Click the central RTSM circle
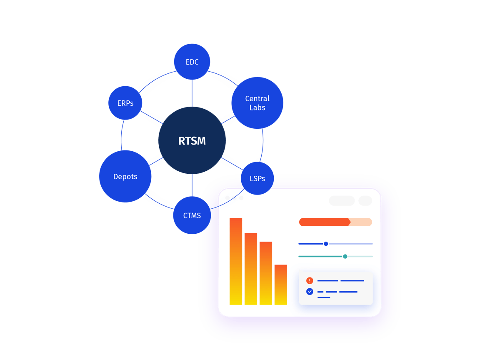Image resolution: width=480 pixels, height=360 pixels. tap(192, 140)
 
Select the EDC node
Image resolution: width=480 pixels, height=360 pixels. tap(192, 62)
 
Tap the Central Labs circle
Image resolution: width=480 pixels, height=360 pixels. tap(257, 103)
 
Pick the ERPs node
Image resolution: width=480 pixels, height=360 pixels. tap(125, 103)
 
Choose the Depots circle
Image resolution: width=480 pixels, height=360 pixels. tap(125, 176)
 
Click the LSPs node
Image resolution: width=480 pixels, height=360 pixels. tap(257, 178)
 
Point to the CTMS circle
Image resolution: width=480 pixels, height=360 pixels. tap(192, 215)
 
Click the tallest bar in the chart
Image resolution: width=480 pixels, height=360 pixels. tap(236, 261)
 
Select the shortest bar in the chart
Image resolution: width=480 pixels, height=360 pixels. tap(281, 285)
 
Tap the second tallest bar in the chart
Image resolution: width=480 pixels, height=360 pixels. tap(251, 269)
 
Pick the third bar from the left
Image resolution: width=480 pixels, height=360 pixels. tap(266, 273)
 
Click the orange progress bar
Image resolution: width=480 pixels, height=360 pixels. tap(325, 222)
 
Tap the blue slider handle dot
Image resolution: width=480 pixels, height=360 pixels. tap(326, 244)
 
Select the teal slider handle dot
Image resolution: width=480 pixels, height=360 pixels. tap(345, 256)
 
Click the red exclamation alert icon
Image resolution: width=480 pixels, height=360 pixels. tap(310, 280)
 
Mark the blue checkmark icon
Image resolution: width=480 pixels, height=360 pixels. tap(310, 292)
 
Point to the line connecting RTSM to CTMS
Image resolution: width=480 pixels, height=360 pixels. tap(192, 185)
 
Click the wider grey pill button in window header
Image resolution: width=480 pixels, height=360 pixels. tap(342, 201)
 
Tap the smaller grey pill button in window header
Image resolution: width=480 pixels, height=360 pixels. tap(365, 201)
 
